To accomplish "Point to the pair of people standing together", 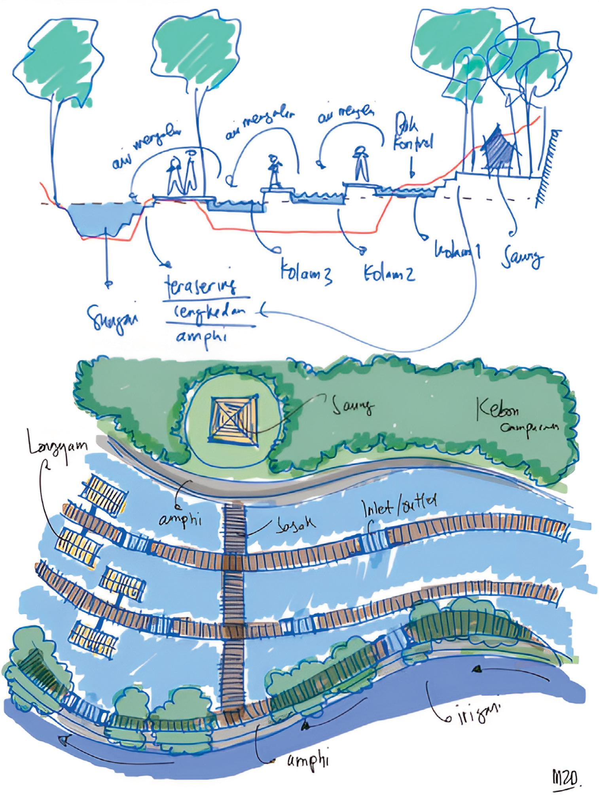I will [182, 174].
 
